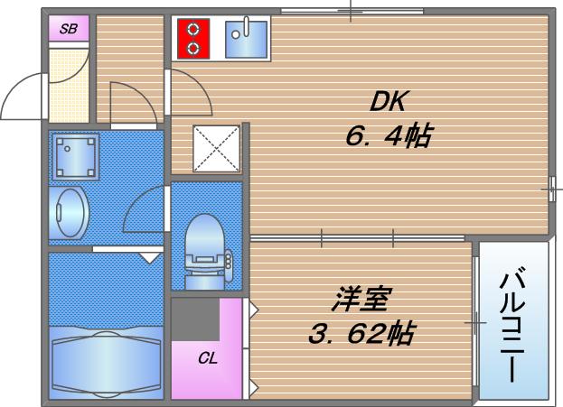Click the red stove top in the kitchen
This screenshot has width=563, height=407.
pyautogui.click(x=192, y=39)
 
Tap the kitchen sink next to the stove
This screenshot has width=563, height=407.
pyautogui.click(x=244, y=39)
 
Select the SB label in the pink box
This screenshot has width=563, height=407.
pyautogui.click(x=69, y=30)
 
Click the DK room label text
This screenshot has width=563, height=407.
pyautogui.click(x=387, y=100)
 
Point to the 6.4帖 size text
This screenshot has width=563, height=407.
pyautogui.click(x=386, y=137)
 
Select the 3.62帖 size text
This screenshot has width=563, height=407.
pyautogui.click(x=361, y=335)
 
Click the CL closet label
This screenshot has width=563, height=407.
pyautogui.click(x=208, y=357)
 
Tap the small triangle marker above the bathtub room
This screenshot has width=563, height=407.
pyautogui.click(x=150, y=256)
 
